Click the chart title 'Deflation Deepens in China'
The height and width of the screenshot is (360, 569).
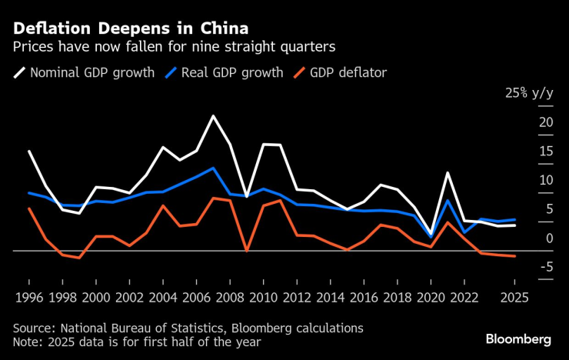(x=130, y=28)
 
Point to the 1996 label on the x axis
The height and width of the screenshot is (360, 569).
(x=28, y=297)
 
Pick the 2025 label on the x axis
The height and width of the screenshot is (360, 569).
(x=514, y=297)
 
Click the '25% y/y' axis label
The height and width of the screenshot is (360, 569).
(x=529, y=93)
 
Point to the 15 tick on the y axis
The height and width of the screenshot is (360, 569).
(x=546, y=152)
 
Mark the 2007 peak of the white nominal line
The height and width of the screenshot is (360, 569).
(x=213, y=116)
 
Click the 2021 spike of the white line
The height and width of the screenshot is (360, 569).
(x=448, y=173)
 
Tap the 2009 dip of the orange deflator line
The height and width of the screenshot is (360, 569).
(x=246, y=250)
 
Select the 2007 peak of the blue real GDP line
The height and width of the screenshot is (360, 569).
(x=213, y=168)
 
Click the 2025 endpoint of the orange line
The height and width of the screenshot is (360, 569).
(x=514, y=256)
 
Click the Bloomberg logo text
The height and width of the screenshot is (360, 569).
(x=518, y=339)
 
